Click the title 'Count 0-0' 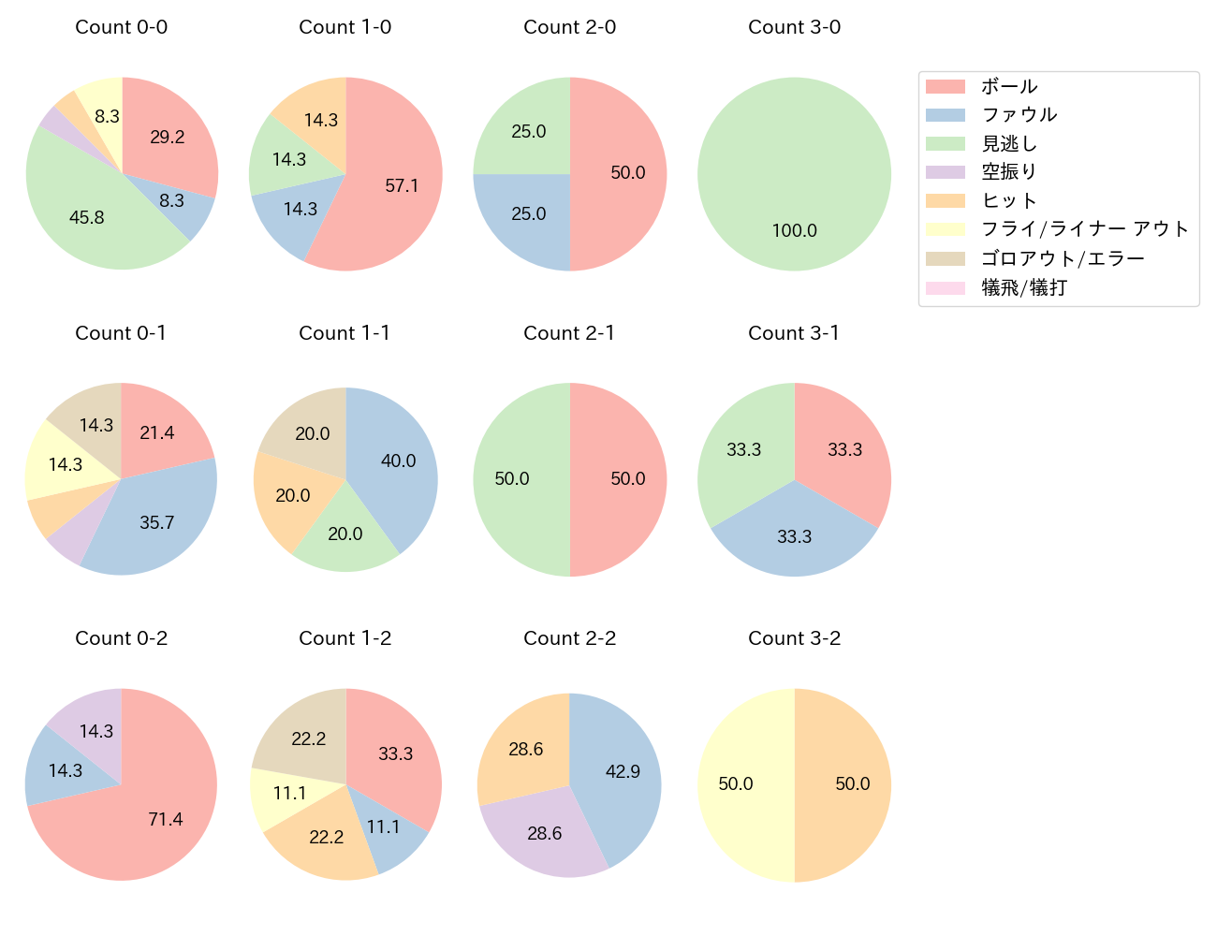(122, 27)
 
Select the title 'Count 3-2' (794, 638)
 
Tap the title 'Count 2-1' (569, 333)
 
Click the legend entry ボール (1009, 86)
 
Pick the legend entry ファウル (1019, 115)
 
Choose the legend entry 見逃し (1009, 144)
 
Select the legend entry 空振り (1009, 172)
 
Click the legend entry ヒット (1009, 201)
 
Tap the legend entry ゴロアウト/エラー (1063, 258)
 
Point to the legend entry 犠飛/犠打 (1024, 287)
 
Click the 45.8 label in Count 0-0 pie (87, 217)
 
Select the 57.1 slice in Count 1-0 (398, 187)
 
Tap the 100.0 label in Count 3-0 (794, 230)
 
